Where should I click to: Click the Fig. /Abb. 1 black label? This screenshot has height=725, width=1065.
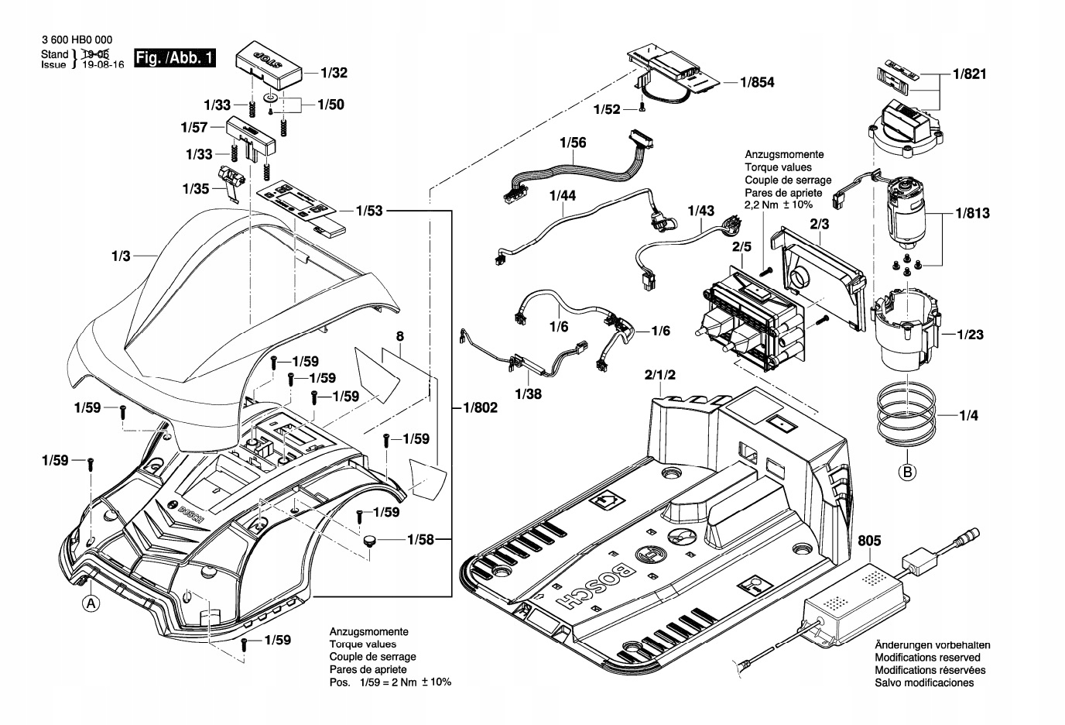click(x=174, y=58)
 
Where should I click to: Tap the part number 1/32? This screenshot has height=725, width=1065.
click(x=334, y=74)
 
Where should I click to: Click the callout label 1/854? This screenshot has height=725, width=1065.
click(x=757, y=82)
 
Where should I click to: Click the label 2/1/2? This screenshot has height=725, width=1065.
click(x=659, y=376)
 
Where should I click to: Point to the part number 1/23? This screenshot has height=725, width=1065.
click(x=970, y=335)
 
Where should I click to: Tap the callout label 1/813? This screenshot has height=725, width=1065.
click(x=972, y=212)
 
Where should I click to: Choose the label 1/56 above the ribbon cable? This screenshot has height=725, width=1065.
click(x=573, y=143)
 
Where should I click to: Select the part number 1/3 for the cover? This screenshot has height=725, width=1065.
click(x=122, y=255)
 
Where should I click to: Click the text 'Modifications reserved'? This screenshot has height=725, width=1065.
click(x=929, y=658)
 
